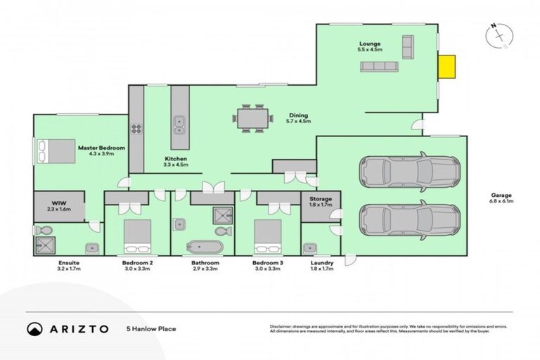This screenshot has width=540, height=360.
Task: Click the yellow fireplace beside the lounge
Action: [x=446, y=67]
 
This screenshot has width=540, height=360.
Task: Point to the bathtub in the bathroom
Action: [x=205, y=247]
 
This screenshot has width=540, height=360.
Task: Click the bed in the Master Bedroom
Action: [x=56, y=150]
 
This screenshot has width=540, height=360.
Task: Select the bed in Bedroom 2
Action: [x=137, y=235]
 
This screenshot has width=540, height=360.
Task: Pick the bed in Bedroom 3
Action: [x=267, y=235]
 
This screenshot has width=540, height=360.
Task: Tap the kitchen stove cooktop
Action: [x=136, y=128]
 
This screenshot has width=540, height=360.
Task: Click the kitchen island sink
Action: [x=179, y=124]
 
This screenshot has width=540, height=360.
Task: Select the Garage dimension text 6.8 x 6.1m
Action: [x=502, y=202]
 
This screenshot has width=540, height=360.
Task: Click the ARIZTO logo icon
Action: [x=34, y=328]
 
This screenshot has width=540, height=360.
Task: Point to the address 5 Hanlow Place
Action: [x=150, y=328]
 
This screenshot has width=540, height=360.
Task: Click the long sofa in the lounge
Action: [x=379, y=66]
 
